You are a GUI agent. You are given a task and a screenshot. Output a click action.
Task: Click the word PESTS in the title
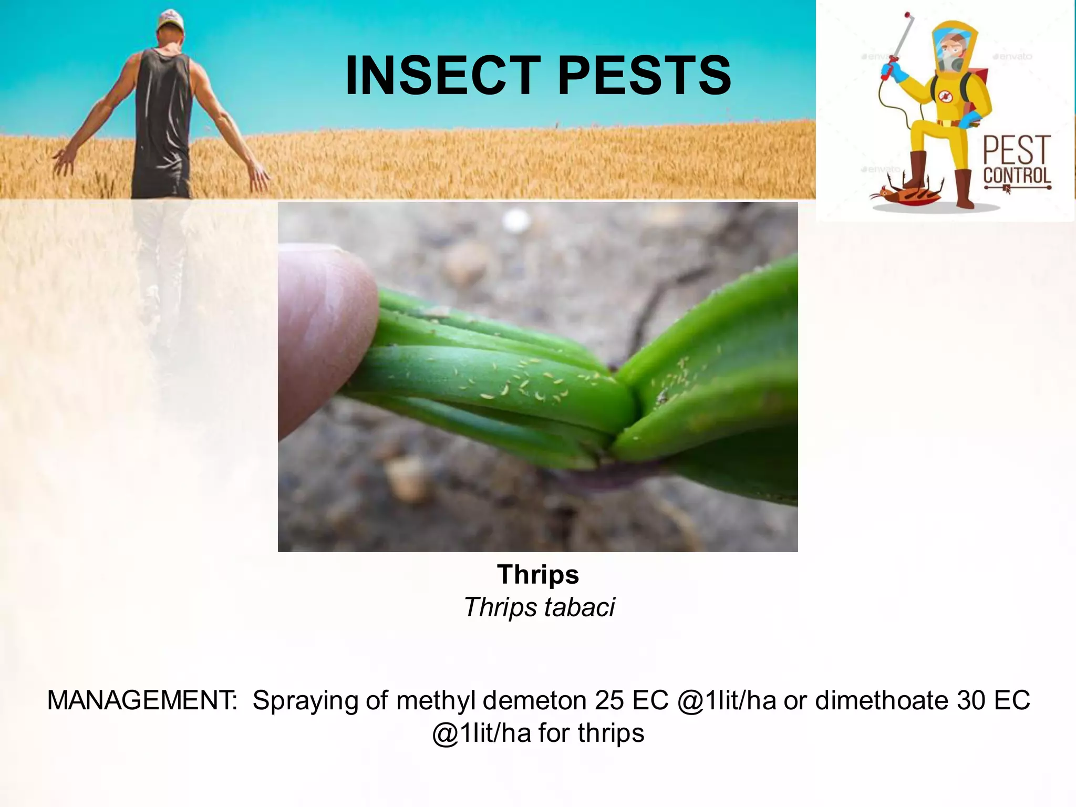tap(645, 76)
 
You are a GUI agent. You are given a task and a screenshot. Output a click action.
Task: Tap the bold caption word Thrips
tap(538, 574)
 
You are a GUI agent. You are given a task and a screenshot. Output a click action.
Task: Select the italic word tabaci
tap(579, 607)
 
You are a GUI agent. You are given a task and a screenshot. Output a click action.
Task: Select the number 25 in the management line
tap(610, 700)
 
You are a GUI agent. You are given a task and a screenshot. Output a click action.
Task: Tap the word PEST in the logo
tap(1017, 150)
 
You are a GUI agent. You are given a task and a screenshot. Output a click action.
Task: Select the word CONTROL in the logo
tap(1017, 176)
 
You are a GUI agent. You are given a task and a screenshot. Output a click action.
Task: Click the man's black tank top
tap(163, 116)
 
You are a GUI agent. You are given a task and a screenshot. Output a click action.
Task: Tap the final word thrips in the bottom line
tap(611, 733)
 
